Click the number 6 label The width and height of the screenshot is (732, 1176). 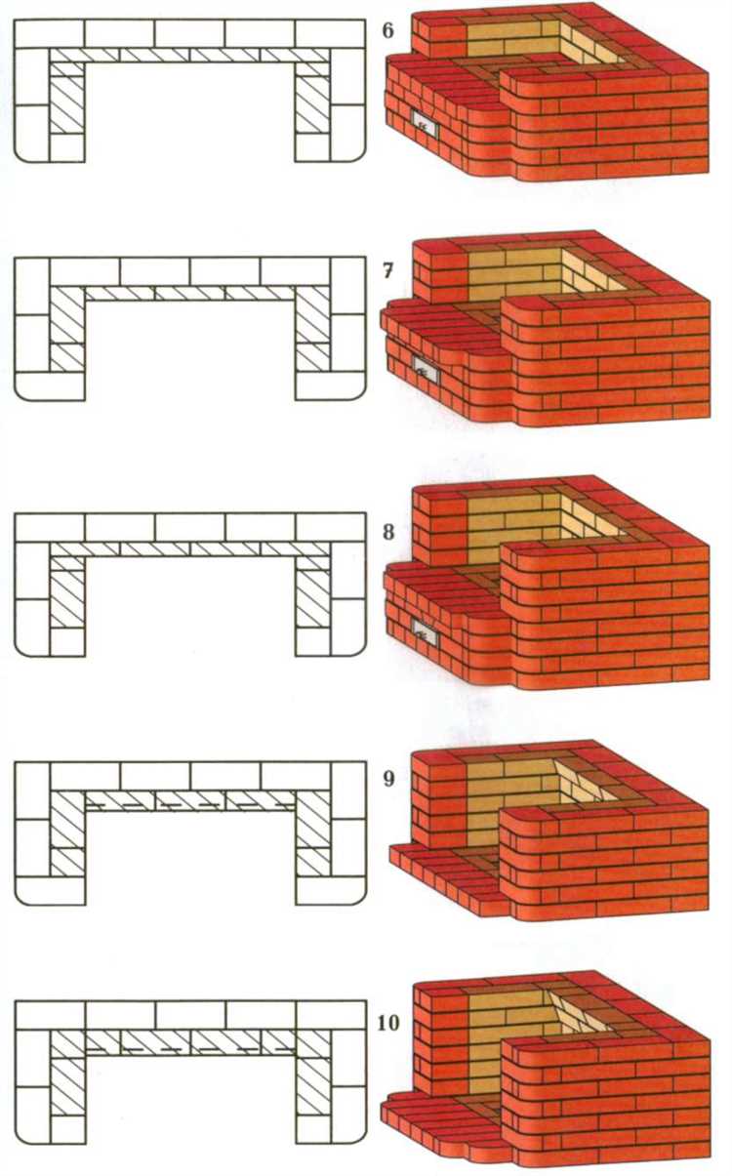coord(387,31)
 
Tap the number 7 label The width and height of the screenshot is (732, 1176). coord(387,271)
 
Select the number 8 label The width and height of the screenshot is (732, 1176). coord(388,532)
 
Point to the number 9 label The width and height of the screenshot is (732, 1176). coord(388,778)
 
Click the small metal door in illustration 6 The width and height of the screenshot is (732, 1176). coord(425,124)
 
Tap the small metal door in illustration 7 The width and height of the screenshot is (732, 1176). coord(425,370)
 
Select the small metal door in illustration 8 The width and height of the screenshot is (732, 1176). coord(426,632)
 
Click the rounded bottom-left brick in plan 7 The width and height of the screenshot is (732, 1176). coord(50,386)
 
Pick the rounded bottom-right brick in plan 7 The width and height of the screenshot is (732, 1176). coord(330,386)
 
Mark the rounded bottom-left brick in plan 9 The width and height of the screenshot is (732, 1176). coord(50,890)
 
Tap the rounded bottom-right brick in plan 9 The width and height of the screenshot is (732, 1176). coord(331,890)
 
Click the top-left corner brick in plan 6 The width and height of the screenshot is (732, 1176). coord(50,34)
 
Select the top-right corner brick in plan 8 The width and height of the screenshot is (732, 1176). coord(331,527)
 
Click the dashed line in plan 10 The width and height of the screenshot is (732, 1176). coord(189,1050)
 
